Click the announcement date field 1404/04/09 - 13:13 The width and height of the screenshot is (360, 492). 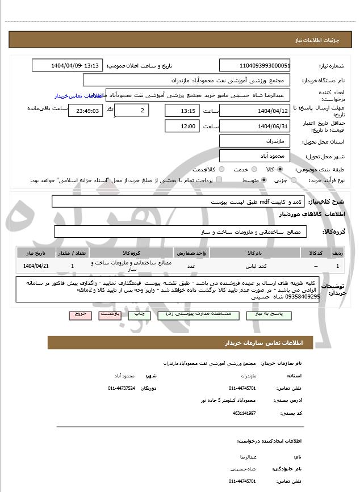click(x=68, y=65)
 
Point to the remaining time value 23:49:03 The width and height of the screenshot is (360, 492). click(x=86, y=111)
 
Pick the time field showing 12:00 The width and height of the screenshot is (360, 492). click(x=182, y=126)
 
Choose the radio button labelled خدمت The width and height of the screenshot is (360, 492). click(x=253, y=169)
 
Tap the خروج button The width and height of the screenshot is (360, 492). click(x=80, y=314)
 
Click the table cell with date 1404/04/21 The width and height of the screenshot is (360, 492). click(x=36, y=265)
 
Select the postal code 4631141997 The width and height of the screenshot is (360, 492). click(x=244, y=413)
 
